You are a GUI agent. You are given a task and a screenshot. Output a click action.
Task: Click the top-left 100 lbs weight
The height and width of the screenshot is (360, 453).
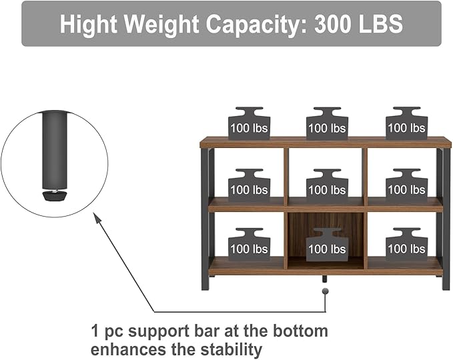click(x=249, y=125)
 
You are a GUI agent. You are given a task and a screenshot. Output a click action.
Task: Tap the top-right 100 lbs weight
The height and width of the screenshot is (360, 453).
click(x=406, y=125)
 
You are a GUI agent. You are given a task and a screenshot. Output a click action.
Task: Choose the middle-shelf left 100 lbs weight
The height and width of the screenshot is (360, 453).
click(x=249, y=187)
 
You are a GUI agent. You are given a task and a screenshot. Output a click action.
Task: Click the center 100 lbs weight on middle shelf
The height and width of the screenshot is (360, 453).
click(x=327, y=187)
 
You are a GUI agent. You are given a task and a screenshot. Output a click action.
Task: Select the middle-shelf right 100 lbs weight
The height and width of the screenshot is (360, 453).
click(x=406, y=187)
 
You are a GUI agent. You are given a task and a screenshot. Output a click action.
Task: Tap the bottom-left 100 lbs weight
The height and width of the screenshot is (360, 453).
click(x=249, y=246)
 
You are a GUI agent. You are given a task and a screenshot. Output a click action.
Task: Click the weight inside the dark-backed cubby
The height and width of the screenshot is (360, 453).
click(x=327, y=246)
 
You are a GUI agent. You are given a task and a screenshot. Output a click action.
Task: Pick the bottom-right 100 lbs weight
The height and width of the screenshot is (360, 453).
click(x=406, y=246)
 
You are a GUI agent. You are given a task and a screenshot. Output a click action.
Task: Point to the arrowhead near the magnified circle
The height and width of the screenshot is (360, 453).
click(x=97, y=218)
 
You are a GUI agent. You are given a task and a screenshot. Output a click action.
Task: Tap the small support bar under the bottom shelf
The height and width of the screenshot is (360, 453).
click(x=326, y=278)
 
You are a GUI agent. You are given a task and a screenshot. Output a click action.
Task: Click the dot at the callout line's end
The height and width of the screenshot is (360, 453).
click(x=326, y=291)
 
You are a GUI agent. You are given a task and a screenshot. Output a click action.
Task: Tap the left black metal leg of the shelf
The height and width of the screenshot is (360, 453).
click(x=205, y=220)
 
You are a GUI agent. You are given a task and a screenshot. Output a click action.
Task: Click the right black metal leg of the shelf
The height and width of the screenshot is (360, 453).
click(x=446, y=220)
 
